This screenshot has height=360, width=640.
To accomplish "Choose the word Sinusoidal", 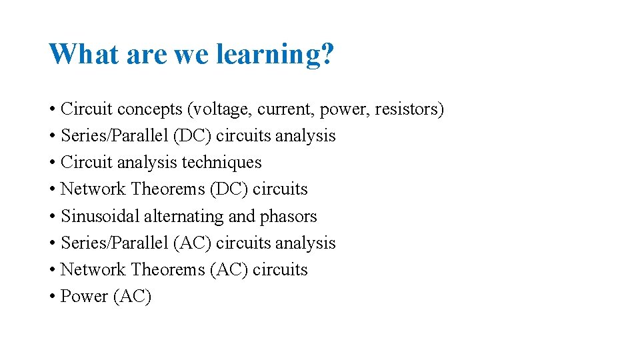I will click(100, 216).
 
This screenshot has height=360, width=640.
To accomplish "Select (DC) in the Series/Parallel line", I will click(192, 136).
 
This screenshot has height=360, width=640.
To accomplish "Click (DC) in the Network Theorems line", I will click(229, 189).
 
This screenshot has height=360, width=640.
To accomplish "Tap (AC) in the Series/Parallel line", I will click(192, 243).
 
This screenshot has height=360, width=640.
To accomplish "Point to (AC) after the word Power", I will click(133, 297).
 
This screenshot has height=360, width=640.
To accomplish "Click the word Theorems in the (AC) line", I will click(168, 269).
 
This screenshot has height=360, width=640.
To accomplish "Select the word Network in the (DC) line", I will click(93, 189).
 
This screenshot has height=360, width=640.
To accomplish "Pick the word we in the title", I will click(191, 55).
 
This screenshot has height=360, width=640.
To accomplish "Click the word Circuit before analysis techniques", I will click(82, 163).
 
